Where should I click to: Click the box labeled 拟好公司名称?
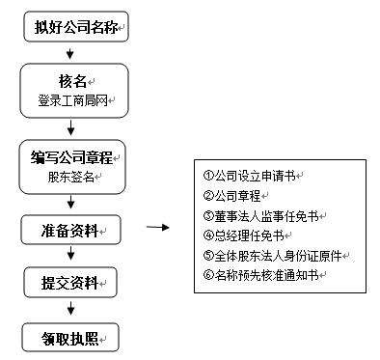(74, 25)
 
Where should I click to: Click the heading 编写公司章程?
(71, 154)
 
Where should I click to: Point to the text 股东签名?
(69, 176)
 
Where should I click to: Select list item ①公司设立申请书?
(253, 176)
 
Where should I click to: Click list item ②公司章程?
(235, 195)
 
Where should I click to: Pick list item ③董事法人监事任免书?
(260, 215)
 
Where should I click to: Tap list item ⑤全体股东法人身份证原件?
(275, 256)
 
